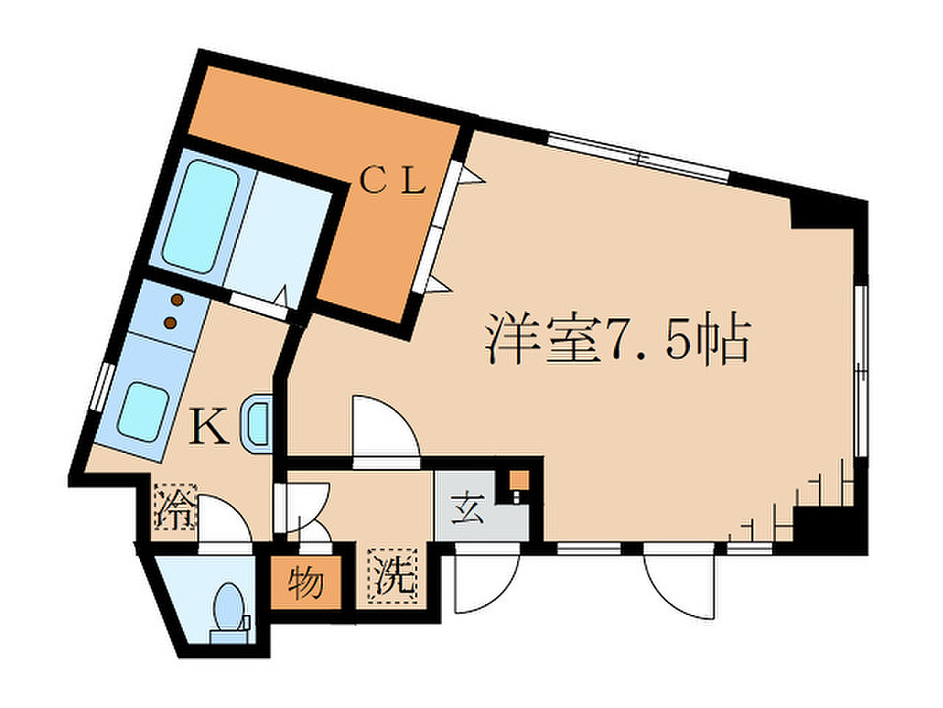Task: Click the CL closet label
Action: point(392,181)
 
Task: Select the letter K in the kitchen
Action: point(209,425)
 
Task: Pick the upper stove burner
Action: point(177,299)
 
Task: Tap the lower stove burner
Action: point(171,322)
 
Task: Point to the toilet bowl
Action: point(229,606)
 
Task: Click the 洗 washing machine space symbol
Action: point(392,577)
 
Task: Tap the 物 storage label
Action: point(305,583)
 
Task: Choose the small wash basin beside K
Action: point(258,422)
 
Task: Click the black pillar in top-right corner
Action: point(821,213)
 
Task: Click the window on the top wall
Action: point(639,158)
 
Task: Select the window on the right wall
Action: point(860,370)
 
